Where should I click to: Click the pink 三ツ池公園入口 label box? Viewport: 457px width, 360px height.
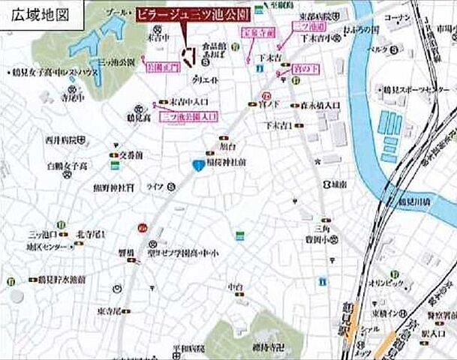(x=188, y=117)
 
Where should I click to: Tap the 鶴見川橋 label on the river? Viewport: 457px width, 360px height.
(x=416, y=202)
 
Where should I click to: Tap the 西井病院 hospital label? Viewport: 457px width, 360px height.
(x=62, y=139)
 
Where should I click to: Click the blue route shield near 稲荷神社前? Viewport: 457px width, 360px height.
(x=197, y=165)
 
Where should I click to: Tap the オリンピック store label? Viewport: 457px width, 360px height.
(x=382, y=284)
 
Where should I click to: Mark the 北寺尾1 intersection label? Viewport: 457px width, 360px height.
(x=91, y=235)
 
